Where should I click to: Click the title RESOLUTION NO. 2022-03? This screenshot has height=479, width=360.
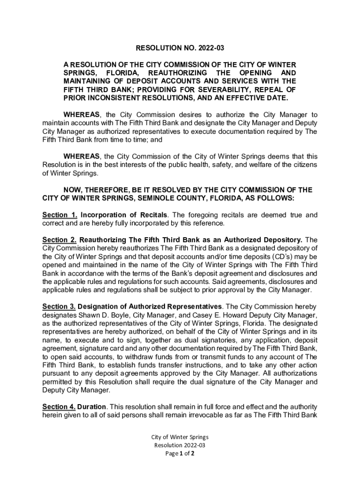[x=180, y=48]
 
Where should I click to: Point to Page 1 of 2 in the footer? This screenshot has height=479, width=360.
[x=180, y=453]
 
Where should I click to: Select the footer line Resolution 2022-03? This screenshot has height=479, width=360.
[x=180, y=445]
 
